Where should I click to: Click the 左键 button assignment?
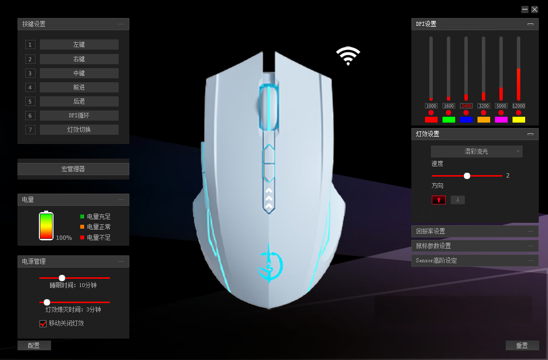click(x=79, y=44)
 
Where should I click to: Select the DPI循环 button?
click(x=79, y=116)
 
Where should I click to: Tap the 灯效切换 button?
click(x=79, y=130)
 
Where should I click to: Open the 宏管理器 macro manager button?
click(x=73, y=169)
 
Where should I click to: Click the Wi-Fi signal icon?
click(x=348, y=56)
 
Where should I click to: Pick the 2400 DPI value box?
click(x=466, y=106)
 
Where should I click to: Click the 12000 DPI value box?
click(x=518, y=106)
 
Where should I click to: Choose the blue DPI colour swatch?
click(x=466, y=120)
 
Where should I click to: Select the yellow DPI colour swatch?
click(x=518, y=120)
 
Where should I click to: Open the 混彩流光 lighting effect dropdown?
click(x=477, y=152)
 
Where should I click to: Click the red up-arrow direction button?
click(x=439, y=200)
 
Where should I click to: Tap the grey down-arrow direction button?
click(x=458, y=200)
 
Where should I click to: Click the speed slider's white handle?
click(x=467, y=176)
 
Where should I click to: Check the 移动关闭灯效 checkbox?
click(x=43, y=324)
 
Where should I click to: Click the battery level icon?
click(x=46, y=226)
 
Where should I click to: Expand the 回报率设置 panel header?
click(x=475, y=231)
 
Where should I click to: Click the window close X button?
click(x=534, y=9)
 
